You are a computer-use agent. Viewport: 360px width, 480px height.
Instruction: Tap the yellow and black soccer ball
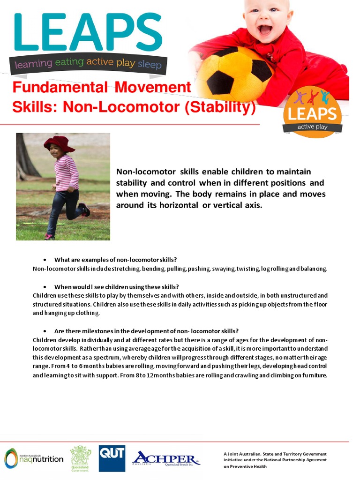tap(234, 75)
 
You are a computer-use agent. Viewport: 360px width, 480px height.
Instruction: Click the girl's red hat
tap(59, 142)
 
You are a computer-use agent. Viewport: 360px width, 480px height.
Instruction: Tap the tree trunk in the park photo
tap(25, 159)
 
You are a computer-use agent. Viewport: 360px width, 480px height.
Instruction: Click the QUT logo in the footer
tap(112, 458)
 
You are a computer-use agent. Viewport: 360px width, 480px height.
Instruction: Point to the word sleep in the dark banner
tap(150, 64)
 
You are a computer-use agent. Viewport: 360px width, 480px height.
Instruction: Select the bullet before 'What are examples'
tap(44, 259)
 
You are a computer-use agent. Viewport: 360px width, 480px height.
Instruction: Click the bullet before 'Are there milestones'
tap(44, 330)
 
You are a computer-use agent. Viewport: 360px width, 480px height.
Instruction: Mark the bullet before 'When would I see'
tap(44, 286)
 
